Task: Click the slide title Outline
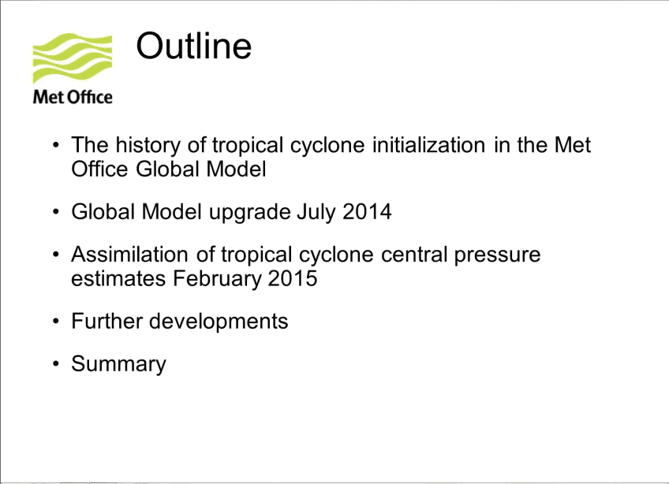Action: pos(194,46)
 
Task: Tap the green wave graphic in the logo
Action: pos(73,58)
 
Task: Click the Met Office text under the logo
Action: pos(73,97)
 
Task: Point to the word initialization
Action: pos(429,145)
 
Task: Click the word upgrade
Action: pos(249,212)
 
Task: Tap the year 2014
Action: pos(367,212)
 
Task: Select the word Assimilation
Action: pos(129,254)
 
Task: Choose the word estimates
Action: pos(118,279)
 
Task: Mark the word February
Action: pos(217,279)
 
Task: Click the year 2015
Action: pos(293,279)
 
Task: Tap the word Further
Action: pos(107,321)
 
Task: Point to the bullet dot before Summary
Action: pos(55,363)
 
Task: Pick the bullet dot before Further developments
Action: pos(55,321)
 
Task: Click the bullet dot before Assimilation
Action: pos(55,255)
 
